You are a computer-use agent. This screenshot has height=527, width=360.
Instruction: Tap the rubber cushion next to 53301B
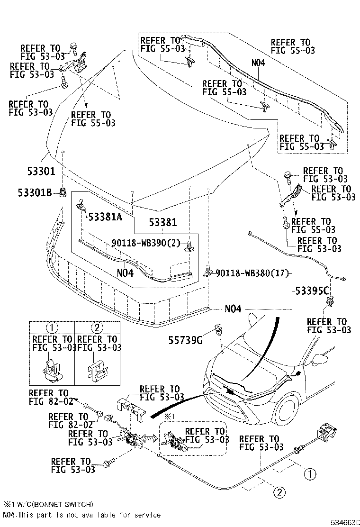62,193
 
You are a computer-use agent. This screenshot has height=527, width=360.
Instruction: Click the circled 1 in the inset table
52,327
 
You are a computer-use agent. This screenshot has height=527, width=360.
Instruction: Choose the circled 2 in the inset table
97,327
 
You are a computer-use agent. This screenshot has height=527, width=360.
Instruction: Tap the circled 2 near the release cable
280,492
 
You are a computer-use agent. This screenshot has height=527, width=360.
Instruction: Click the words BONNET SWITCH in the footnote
70,504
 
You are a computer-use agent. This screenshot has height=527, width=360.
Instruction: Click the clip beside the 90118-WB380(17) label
208,272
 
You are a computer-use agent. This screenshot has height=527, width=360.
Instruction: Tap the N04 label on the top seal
259,62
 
